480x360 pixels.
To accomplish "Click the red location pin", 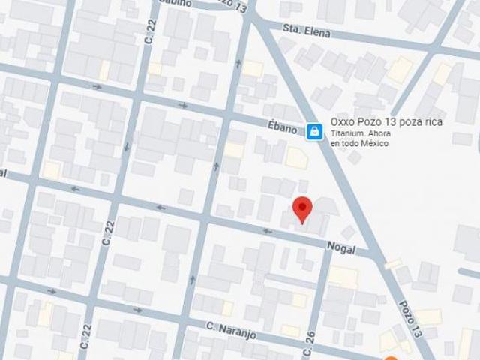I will (x=301, y=208).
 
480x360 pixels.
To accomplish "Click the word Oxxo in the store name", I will (x=343, y=122).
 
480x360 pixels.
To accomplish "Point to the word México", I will (x=375, y=143).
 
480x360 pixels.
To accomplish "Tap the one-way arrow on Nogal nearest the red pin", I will (x=267, y=231).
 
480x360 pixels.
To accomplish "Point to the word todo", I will (x=351, y=143).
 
